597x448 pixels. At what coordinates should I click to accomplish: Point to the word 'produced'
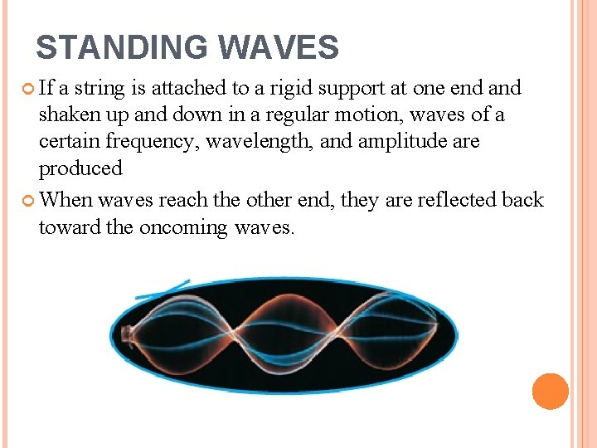tap(80, 168)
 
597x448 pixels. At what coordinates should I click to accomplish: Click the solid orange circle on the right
tap(550, 391)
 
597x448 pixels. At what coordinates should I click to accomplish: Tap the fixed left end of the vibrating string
tap(127, 335)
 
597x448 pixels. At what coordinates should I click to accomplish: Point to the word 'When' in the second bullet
tap(66, 200)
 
